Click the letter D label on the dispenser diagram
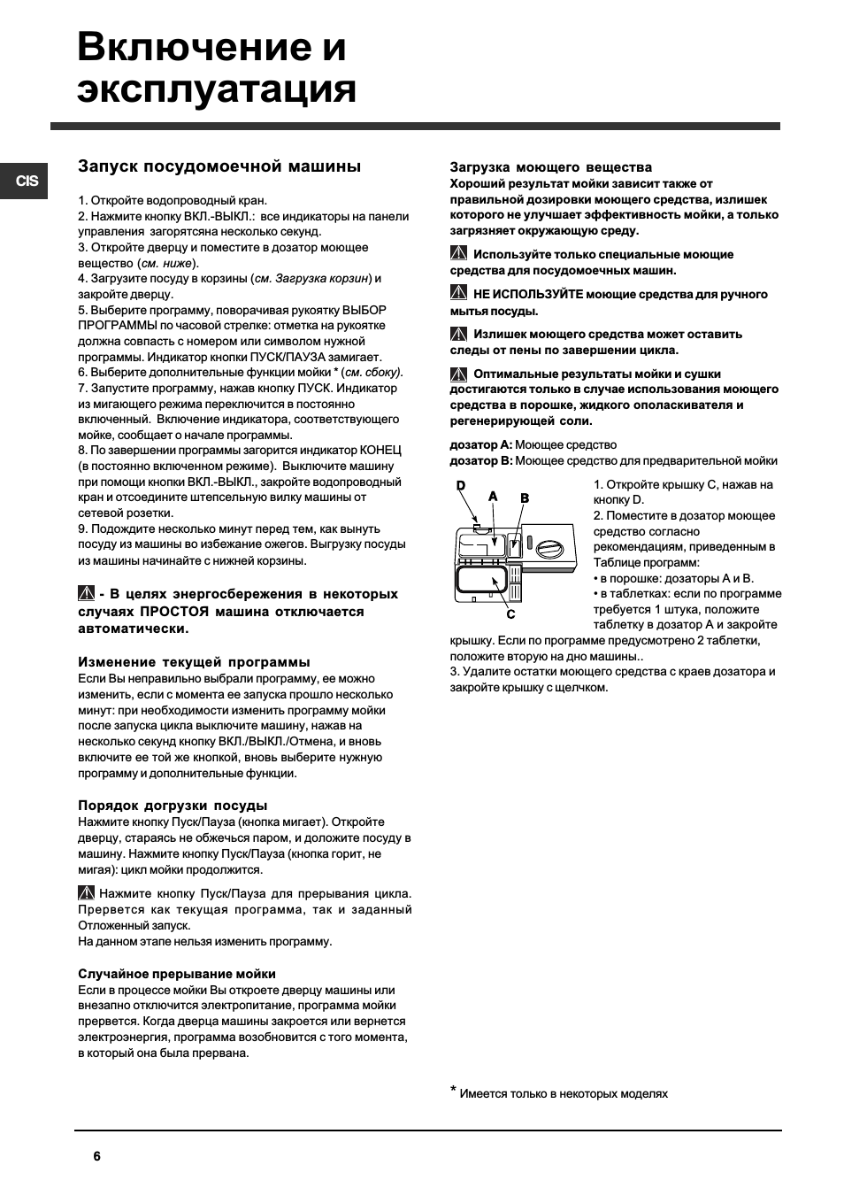point(460,485)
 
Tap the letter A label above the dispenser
point(493,497)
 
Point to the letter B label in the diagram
point(524,498)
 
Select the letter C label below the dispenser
point(510,613)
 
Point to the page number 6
point(96,1156)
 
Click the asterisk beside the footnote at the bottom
point(454,1091)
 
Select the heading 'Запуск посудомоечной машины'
point(219,166)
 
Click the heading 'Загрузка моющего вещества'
point(550,167)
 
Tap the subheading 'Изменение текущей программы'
point(194,662)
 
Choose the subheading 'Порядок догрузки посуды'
point(173,806)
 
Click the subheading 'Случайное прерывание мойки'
point(177,974)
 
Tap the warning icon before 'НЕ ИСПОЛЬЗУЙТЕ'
point(458,294)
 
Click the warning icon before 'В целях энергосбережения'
point(86,594)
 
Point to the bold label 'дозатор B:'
point(480,460)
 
